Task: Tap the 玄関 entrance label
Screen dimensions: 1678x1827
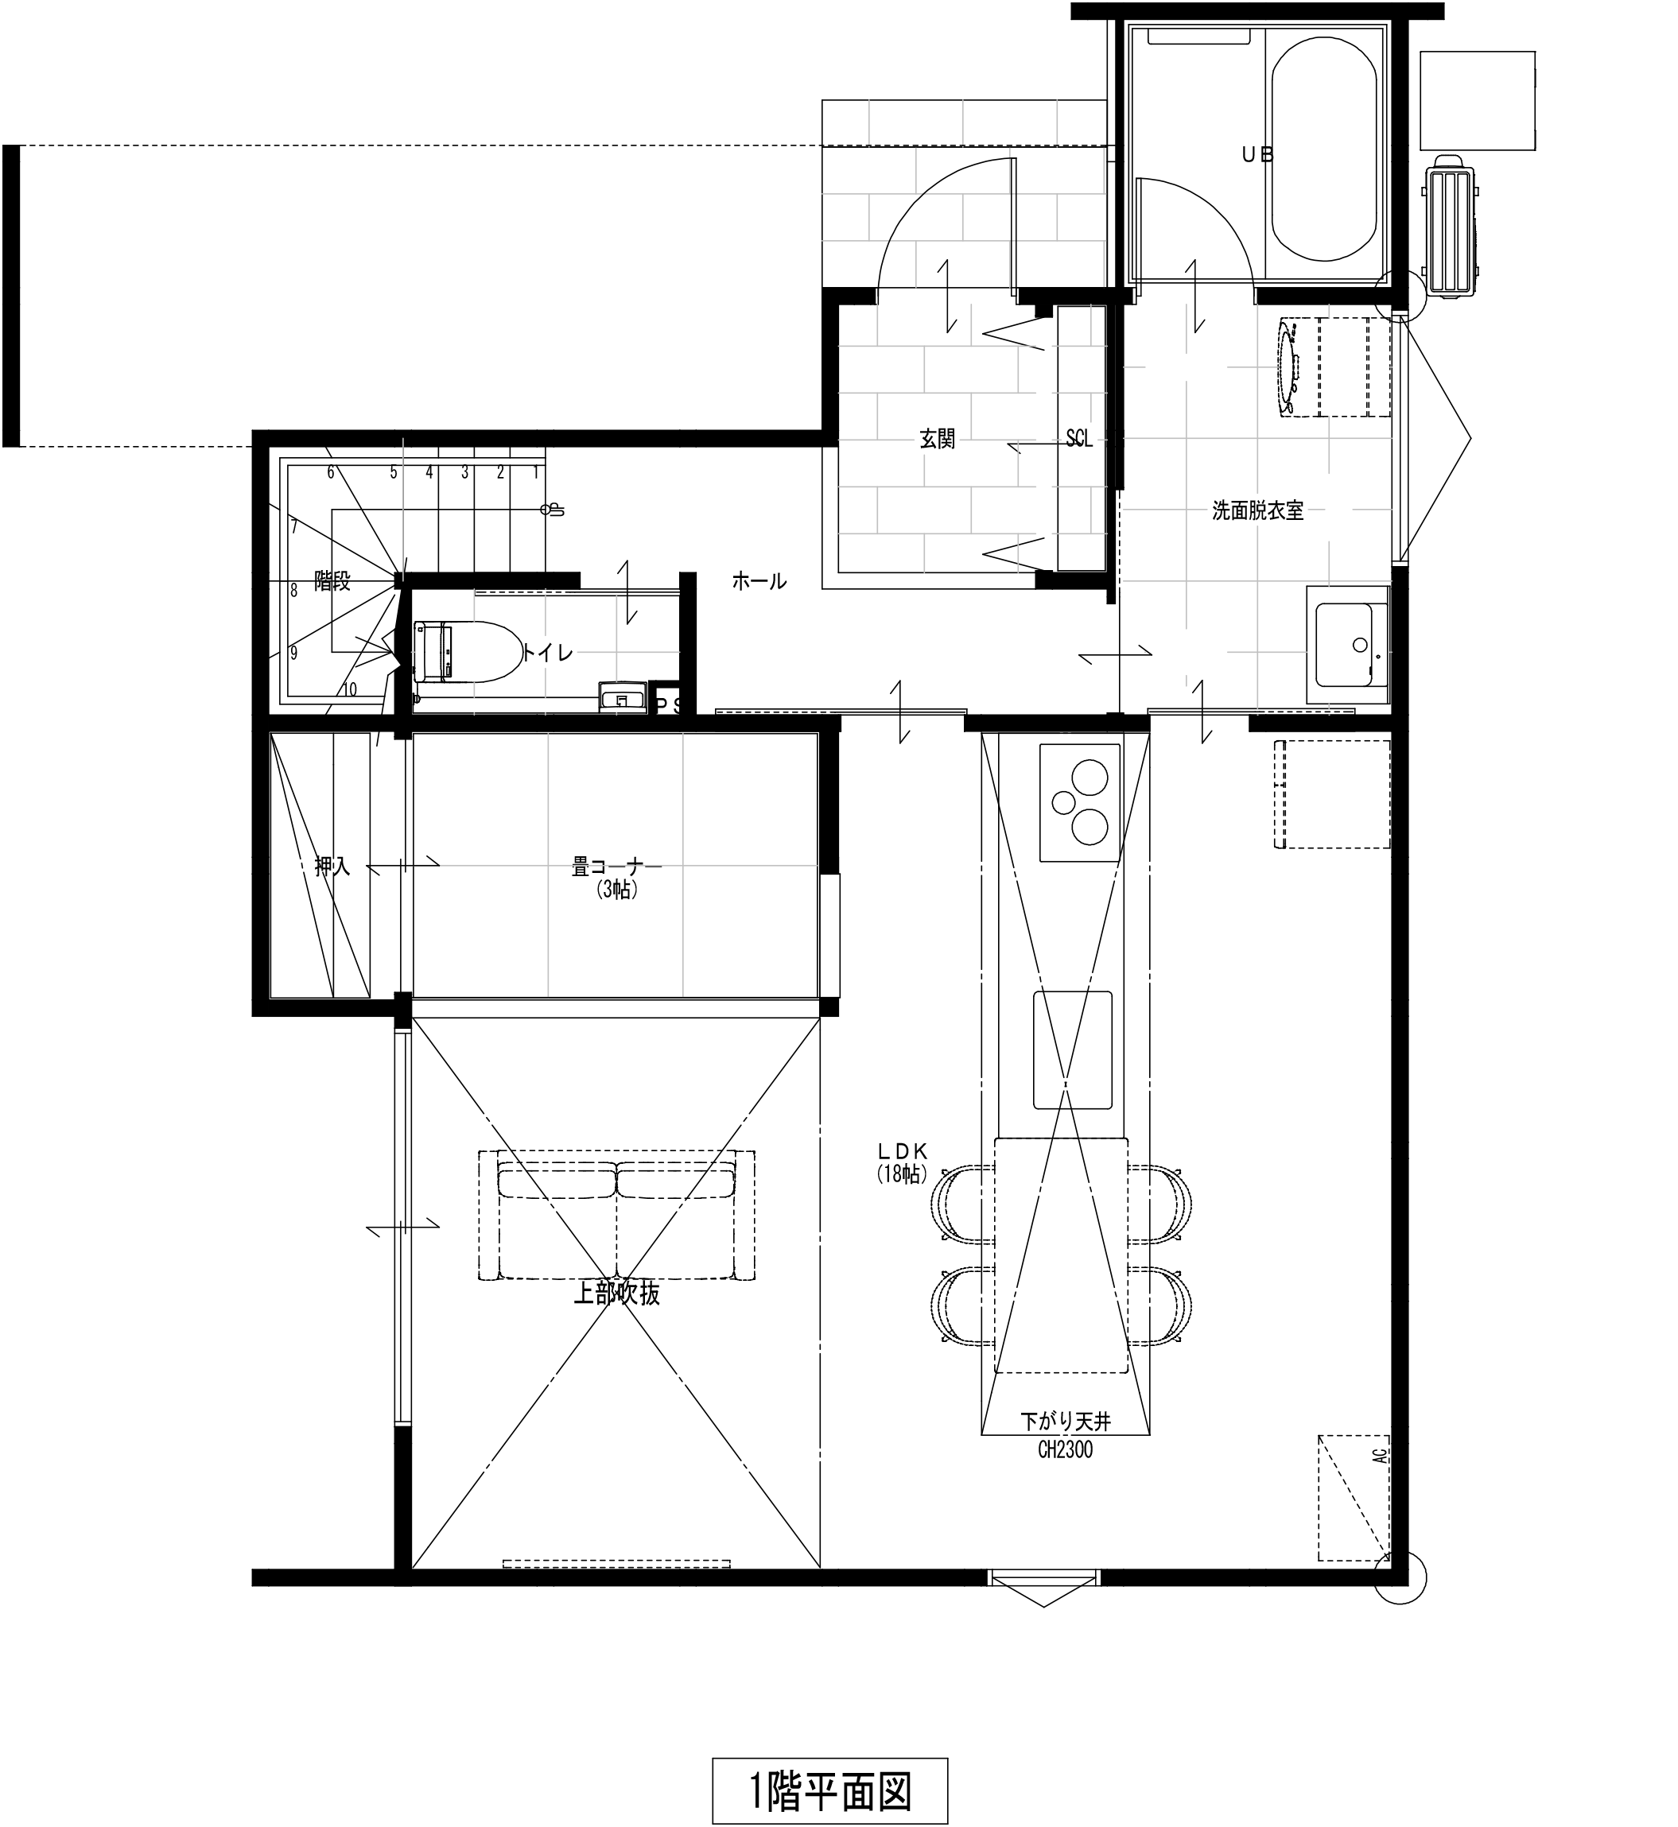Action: [937, 440]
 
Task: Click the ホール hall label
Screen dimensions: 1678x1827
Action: [759, 582]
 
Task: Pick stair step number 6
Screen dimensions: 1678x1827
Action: [331, 472]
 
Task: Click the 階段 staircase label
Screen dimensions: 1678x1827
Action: [332, 581]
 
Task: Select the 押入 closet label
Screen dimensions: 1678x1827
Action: [332, 867]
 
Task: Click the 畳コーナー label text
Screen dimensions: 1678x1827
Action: [616, 867]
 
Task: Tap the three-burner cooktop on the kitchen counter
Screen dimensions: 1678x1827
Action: [1080, 802]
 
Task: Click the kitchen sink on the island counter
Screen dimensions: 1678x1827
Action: [1072, 1050]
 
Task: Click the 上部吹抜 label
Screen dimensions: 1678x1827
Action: [616, 1294]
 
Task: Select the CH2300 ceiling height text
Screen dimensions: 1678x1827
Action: [1066, 1450]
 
